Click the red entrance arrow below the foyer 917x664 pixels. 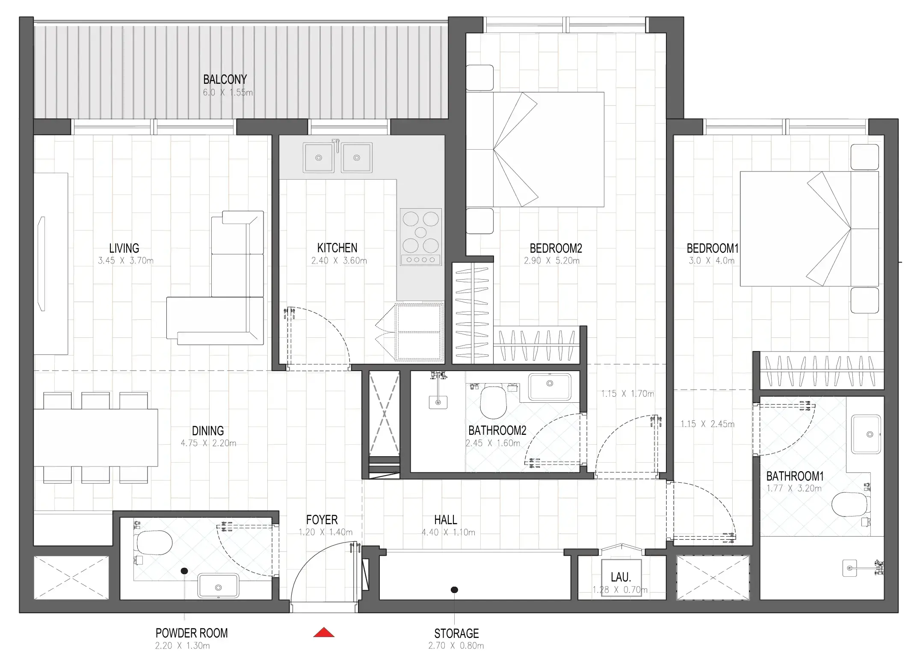coord(324,632)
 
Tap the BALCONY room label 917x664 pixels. coord(225,80)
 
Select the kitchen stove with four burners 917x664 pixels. coord(420,236)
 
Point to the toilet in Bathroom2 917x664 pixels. coord(493,402)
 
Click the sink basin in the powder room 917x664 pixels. coord(218,586)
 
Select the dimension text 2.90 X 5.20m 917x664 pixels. coord(552,261)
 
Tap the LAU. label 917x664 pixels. coord(621,577)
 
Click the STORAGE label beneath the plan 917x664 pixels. coord(456,633)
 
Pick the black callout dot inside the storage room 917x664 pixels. coord(455,590)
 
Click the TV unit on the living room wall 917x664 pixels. coord(50,264)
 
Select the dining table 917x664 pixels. coord(95,437)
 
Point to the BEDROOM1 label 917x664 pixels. coord(713,248)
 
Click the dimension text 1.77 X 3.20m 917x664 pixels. coord(794,488)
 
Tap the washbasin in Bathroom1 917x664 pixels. coord(866,434)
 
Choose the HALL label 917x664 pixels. coord(446,520)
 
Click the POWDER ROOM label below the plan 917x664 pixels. coord(192,633)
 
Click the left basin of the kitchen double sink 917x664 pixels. coord(319,158)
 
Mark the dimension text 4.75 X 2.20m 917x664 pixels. coord(208,443)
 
